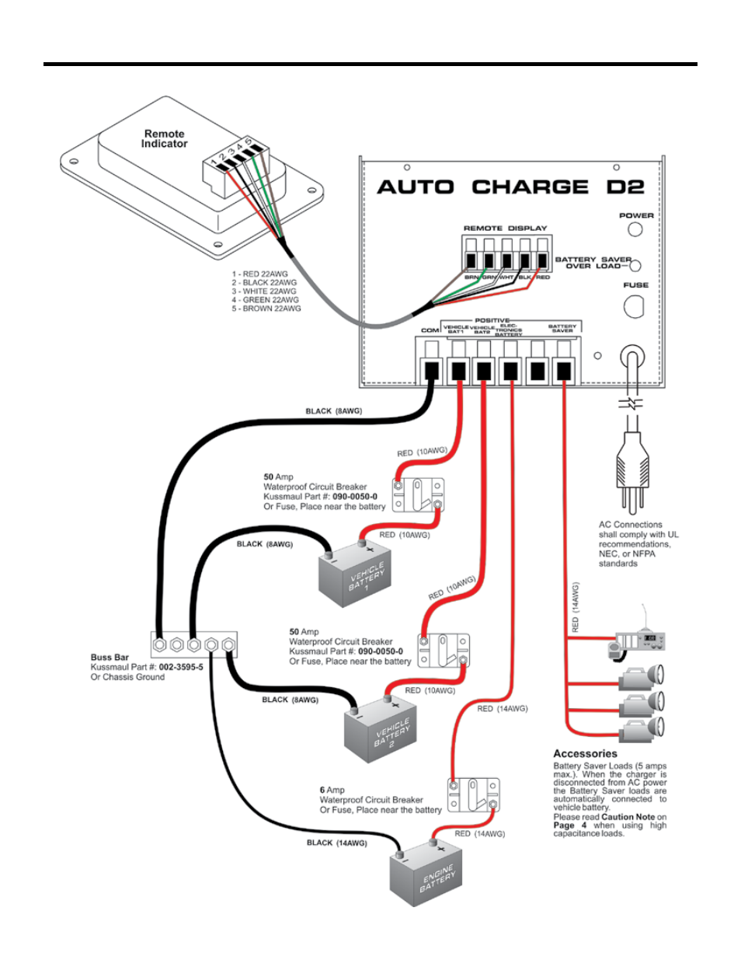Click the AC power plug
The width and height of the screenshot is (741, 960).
click(x=631, y=469)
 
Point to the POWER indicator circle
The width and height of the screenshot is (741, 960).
click(x=635, y=229)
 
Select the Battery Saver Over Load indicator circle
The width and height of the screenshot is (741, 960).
click(x=635, y=264)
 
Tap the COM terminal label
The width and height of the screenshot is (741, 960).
click(x=430, y=330)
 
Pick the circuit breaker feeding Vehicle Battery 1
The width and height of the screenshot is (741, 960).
click(x=418, y=495)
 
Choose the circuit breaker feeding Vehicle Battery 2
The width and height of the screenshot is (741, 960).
click(x=444, y=651)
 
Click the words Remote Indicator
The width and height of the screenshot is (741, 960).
click(x=164, y=139)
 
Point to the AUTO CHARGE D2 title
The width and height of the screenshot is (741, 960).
click(x=510, y=187)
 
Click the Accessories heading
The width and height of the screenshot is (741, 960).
click(x=585, y=754)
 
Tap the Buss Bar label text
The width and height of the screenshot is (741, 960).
click(x=110, y=658)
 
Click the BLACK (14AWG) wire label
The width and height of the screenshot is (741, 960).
click(x=336, y=843)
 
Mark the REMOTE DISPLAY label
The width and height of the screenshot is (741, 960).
click(x=505, y=228)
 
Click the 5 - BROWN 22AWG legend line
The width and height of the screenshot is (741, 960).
click(x=266, y=309)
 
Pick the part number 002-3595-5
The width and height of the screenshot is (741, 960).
click(x=181, y=667)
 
